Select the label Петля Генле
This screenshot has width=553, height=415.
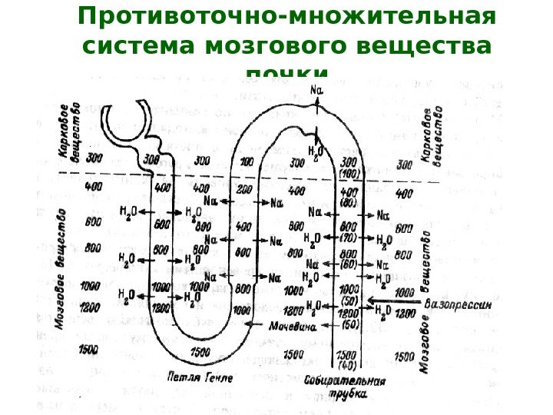point(198,377)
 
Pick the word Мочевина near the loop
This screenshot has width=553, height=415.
point(293,325)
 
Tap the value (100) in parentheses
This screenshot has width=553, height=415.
point(349,173)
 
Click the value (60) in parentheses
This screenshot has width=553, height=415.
point(349,264)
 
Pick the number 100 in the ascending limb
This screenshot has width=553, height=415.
point(247,162)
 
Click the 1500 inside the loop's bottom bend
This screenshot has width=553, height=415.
point(200,352)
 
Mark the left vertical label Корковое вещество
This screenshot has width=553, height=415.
point(68,131)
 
